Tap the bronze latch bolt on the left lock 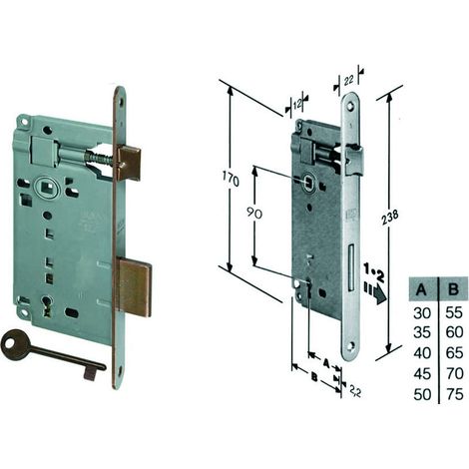pyautogui.click(x=130, y=161)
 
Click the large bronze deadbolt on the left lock pyautogui.click(x=135, y=288)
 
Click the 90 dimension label pyautogui.click(x=254, y=214)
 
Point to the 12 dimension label pyautogui.click(x=297, y=105)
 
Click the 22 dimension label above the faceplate pyautogui.click(x=348, y=80)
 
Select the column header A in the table pyautogui.click(x=421, y=289)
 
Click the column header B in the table pyautogui.click(x=453, y=289)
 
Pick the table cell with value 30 pyautogui.click(x=422, y=313)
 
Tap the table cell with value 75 pyautogui.click(x=455, y=394)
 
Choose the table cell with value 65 pyautogui.click(x=455, y=352)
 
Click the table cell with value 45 pyautogui.click(x=422, y=374)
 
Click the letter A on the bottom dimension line pyautogui.click(x=326, y=362)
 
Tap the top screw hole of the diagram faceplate pyautogui.click(x=350, y=106)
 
